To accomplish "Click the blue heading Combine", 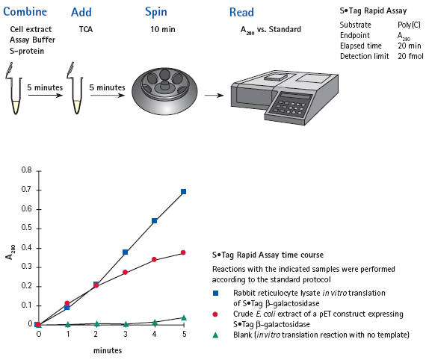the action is pyautogui.click(x=25, y=12).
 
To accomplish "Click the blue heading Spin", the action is pyautogui.click(x=156, y=13).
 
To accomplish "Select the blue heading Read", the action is pyautogui.click(x=241, y=12).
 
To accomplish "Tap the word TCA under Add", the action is pyautogui.click(x=86, y=29).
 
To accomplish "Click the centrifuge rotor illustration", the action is pyautogui.click(x=164, y=91).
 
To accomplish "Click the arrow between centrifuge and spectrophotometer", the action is pyautogui.click(x=214, y=96).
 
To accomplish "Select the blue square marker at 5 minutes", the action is pyautogui.click(x=183, y=192).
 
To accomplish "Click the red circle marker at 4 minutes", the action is pyautogui.click(x=154, y=260).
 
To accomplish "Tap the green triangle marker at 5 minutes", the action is pyautogui.click(x=184, y=317).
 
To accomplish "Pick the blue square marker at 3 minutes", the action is pyautogui.click(x=126, y=252).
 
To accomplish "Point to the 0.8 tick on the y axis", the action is pyautogui.click(x=39, y=171).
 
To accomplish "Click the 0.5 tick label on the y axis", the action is pyautogui.click(x=27, y=228).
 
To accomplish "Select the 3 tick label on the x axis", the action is pyautogui.click(x=126, y=334).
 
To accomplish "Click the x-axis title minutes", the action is pyautogui.click(x=108, y=350).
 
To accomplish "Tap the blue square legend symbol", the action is pyautogui.click(x=215, y=293).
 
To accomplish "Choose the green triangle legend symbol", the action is pyautogui.click(x=215, y=335).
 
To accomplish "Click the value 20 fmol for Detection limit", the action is pyautogui.click(x=410, y=56).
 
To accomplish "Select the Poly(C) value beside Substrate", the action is pyautogui.click(x=409, y=25).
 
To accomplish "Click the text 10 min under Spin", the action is pyautogui.click(x=163, y=29).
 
